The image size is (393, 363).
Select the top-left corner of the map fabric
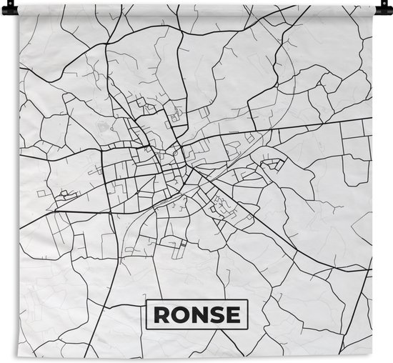click(x=20, y=4)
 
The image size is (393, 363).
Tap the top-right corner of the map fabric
click(x=372, y=4)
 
